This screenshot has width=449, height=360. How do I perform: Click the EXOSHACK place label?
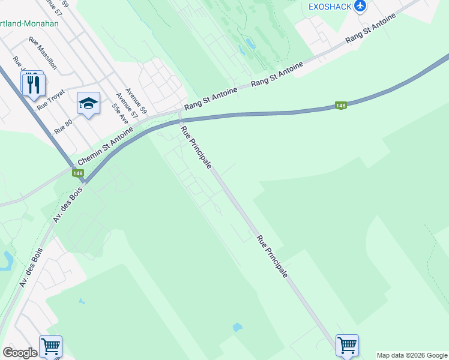(329, 7)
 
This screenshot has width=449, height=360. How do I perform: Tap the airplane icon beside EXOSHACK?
(360, 6)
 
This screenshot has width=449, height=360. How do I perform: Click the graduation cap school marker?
(88, 104)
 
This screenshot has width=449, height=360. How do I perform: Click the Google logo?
(20, 353)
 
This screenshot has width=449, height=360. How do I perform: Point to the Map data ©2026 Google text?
(412, 355)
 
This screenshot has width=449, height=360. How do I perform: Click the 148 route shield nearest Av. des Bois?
(77, 173)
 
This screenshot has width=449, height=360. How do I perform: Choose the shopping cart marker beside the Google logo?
(50, 346)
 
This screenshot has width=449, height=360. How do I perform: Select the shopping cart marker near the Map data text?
(347, 345)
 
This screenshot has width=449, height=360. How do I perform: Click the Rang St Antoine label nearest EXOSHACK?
(371, 29)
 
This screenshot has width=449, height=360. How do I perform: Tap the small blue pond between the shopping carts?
(237, 328)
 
